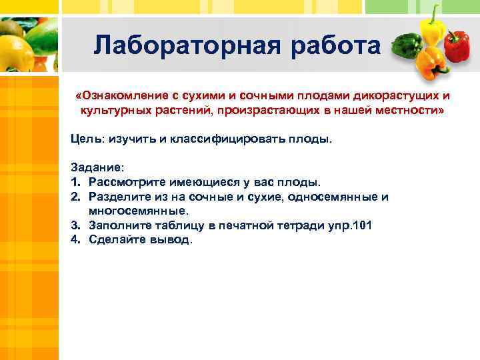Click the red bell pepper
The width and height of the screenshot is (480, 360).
[457, 47]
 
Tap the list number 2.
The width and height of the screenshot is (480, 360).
[75, 197]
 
